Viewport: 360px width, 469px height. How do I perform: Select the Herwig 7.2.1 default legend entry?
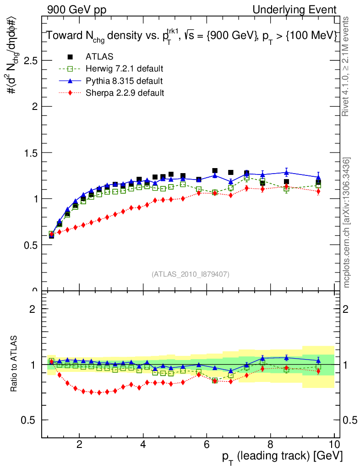[x=124, y=69]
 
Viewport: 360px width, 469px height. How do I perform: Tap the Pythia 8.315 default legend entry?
[x=124, y=81]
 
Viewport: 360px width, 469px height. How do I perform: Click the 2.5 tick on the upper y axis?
[x=30, y=60]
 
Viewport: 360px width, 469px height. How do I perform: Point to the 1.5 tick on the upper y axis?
[x=30, y=153]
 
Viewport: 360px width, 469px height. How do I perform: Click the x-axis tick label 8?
[x=270, y=443]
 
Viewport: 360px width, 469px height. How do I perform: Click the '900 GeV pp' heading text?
[x=76, y=10]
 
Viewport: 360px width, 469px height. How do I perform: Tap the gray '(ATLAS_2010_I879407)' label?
[x=191, y=274]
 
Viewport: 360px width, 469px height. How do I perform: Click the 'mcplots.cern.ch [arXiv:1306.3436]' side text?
[x=347, y=223]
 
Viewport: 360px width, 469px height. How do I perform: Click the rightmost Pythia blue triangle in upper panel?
[x=318, y=177]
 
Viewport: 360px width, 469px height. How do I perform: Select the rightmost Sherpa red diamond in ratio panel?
[x=318, y=371]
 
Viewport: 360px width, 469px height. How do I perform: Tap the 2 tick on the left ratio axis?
[x=33, y=309]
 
